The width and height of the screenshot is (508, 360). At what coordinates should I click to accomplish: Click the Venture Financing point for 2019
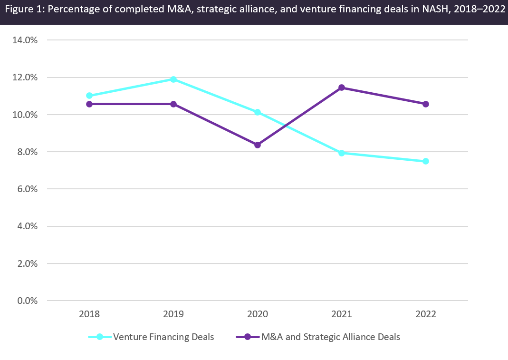(173, 79)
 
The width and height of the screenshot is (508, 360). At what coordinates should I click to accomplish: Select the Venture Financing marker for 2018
(89, 96)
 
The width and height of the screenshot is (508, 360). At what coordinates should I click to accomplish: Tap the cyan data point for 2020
(258, 112)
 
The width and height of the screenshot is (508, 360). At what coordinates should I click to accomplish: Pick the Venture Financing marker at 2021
(342, 153)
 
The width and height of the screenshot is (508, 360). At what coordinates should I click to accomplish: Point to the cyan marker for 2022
(426, 161)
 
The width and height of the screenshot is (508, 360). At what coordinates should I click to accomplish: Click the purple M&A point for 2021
(342, 88)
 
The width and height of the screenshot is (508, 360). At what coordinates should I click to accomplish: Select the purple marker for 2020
(258, 145)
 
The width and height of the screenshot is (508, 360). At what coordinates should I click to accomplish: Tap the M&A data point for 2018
(89, 104)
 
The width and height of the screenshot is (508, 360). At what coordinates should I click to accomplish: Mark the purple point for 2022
(426, 104)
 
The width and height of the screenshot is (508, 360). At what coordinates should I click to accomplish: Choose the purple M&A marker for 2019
(173, 104)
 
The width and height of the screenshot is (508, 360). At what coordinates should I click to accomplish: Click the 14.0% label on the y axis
(25, 40)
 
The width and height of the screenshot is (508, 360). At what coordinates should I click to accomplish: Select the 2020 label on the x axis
(258, 314)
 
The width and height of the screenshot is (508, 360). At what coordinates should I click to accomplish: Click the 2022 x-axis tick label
(426, 314)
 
